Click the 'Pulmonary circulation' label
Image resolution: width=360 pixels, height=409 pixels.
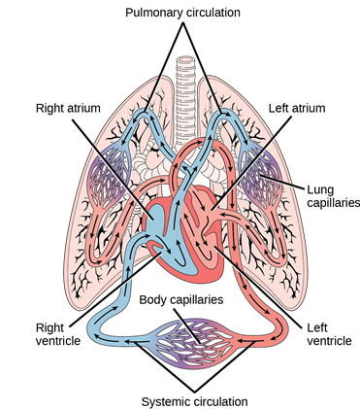(181, 12)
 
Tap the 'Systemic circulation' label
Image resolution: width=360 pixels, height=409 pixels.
(181, 399)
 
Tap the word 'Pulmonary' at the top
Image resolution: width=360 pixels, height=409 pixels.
(149, 12)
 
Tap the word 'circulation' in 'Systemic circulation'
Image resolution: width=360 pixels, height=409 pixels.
(210, 399)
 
